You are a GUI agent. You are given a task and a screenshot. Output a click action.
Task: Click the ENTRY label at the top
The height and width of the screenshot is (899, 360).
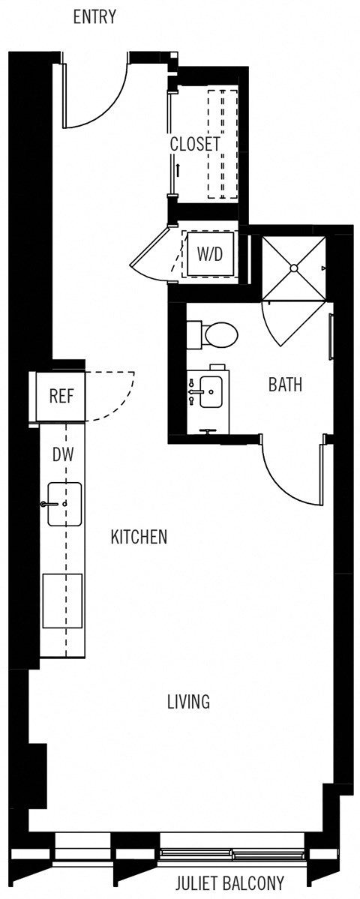click(94, 17)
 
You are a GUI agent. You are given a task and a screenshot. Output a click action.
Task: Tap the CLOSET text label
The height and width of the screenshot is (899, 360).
click(195, 145)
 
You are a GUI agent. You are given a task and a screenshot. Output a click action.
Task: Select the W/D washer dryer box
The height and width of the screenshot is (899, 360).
click(210, 254)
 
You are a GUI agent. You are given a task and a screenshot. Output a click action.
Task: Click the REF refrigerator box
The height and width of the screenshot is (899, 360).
click(61, 396)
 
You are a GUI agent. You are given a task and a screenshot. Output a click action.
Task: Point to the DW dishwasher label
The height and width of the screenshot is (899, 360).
click(62, 454)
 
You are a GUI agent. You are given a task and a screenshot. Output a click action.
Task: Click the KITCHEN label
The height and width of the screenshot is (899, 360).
click(139, 537)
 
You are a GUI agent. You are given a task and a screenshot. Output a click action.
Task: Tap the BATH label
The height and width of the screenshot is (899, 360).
click(285, 385)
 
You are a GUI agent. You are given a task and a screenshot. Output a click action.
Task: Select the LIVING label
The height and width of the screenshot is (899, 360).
click(187, 702)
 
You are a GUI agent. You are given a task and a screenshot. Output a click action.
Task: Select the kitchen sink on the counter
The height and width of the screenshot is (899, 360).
click(64, 504)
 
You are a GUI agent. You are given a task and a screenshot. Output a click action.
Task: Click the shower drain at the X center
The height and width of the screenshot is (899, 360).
click(293, 268)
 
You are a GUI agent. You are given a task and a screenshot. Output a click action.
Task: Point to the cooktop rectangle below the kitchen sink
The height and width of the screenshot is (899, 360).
click(62, 601)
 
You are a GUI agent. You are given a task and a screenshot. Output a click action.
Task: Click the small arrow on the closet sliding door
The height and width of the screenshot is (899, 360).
click(178, 169)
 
